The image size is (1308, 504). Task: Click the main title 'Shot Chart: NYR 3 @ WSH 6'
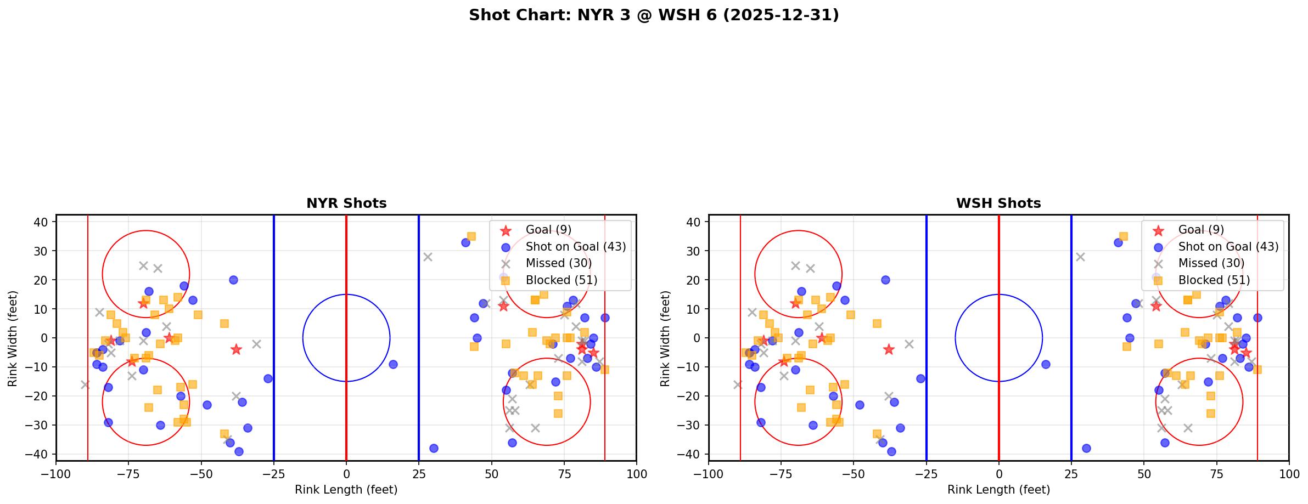tap(654, 15)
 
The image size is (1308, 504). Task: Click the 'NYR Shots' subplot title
tap(346, 203)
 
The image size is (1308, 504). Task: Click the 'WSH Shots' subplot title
tap(998, 203)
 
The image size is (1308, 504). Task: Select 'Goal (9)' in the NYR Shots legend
tap(548, 230)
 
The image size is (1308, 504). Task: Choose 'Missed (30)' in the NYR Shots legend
tap(558, 263)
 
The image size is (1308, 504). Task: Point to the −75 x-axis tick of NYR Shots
tap(128, 474)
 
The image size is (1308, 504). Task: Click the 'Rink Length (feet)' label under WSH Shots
tap(998, 490)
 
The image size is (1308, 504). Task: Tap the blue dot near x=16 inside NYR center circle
tap(393, 364)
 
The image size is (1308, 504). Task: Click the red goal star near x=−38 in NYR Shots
tap(236, 349)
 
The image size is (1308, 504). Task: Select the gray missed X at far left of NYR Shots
tap(85, 384)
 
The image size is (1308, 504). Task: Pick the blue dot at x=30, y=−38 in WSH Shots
tap(1086, 448)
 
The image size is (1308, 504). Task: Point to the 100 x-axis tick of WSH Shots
tap(1288, 474)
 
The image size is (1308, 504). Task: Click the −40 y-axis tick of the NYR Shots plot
tap(40, 455)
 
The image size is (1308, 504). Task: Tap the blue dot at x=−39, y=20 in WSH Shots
tap(885, 280)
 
